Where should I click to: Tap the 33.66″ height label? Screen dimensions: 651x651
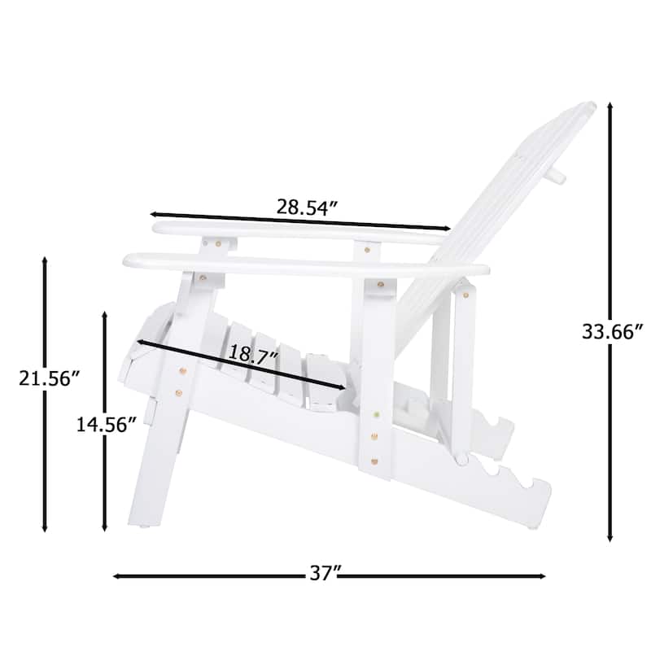[613, 331]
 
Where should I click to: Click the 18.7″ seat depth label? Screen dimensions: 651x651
[251, 356]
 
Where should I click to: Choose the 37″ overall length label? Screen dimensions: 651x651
[324, 574]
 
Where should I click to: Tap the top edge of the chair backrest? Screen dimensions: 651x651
[588, 106]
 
